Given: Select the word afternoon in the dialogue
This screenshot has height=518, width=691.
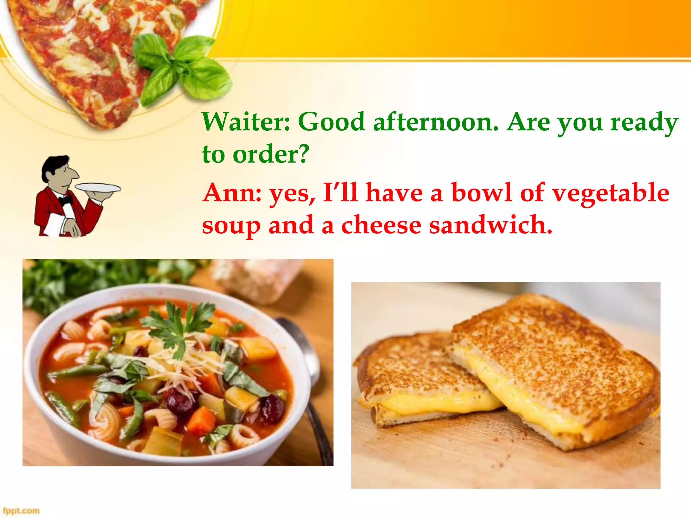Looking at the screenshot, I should pyautogui.click(x=436, y=122).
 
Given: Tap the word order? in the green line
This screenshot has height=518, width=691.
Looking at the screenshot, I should pyautogui.click(x=271, y=154).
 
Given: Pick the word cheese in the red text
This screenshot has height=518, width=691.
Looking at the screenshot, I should pyautogui.click(x=381, y=225).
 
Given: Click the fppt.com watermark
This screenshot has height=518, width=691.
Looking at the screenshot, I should pyautogui.click(x=21, y=511).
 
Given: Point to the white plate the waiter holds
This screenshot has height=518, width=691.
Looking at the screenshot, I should pyautogui.click(x=98, y=188).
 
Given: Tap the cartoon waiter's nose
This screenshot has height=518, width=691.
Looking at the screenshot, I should pyautogui.click(x=74, y=174).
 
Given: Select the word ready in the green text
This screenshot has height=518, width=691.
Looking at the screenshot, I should pyautogui.click(x=644, y=122).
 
